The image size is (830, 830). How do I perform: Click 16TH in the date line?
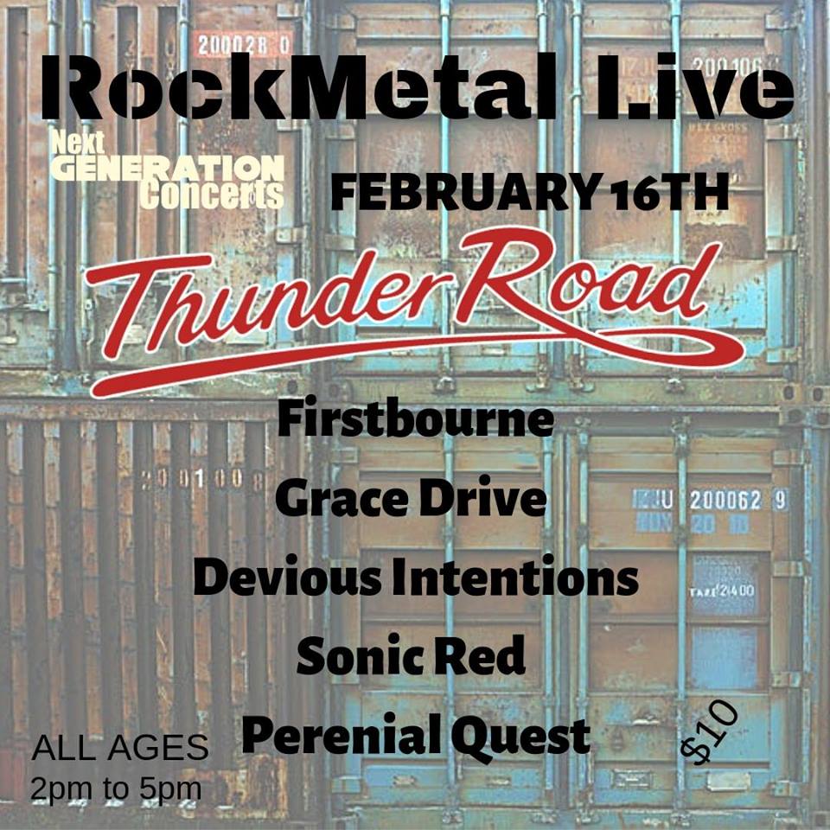point(669,193)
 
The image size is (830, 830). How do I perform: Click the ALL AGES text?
point(119,747)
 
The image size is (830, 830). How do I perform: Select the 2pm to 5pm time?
point(116,789)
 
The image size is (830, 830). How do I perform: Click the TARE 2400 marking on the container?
point(723,591)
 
